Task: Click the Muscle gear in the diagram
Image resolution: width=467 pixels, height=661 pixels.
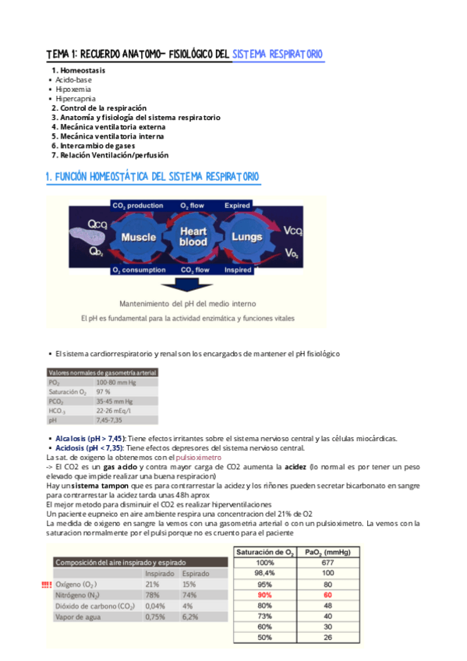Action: [x=140, y=237]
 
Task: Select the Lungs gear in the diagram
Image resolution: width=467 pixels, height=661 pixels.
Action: [x=248, y=237]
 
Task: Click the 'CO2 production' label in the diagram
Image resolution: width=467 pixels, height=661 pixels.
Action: [x=137, y=206]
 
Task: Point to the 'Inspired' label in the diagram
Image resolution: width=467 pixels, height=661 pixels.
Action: [x=238, y=270]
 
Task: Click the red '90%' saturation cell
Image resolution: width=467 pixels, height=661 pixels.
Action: [x=265, y=595]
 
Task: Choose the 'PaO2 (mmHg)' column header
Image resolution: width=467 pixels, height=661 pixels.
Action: [x=329, y=551]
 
